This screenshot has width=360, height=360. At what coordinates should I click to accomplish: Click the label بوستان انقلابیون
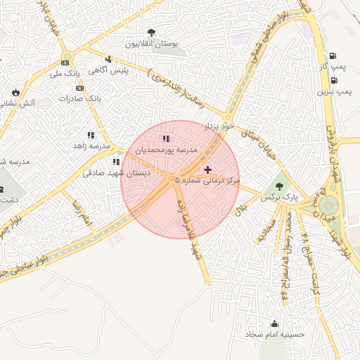(152, 44)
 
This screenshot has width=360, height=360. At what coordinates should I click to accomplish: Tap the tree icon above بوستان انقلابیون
(152, 32)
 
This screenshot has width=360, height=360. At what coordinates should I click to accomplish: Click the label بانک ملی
(67, 72)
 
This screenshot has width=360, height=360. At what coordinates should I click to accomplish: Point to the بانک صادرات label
(80, 98)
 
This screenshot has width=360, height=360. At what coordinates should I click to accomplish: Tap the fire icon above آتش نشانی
(15, 92)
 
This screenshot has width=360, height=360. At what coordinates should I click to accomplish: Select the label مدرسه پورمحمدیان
(166, 150)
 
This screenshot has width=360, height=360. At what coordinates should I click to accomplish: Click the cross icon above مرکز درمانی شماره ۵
(207, 169)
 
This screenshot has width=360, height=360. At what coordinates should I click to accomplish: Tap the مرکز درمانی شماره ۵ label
(207, 181)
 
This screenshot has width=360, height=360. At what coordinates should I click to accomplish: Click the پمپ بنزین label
(333, 91)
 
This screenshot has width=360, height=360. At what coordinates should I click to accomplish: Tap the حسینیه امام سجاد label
(274, 335)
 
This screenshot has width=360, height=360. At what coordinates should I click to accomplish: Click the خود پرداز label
(217, 127)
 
